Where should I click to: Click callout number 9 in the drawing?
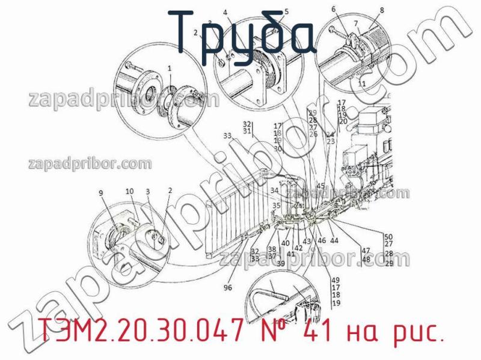(x=101, y=192)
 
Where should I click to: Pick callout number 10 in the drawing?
(x=129, y=191)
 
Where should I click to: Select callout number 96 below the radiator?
(x=227, y=288)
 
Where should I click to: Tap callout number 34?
(x=274, y=191)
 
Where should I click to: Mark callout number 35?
(x=277, y=206)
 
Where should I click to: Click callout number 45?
(x=320, y=186)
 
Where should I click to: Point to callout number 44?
(x=334, y=240)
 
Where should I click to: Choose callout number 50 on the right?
(x=388, y=236)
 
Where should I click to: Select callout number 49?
(x=335, y=280)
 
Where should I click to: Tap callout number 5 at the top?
(x=286, y=11)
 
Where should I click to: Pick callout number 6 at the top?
(x=334, y=9)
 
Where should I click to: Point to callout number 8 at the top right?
(x=381, y=10)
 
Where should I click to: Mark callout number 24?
(x=330, y=134)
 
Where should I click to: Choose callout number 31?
(x=247, y=131)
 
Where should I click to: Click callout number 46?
(x=322, y=240)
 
